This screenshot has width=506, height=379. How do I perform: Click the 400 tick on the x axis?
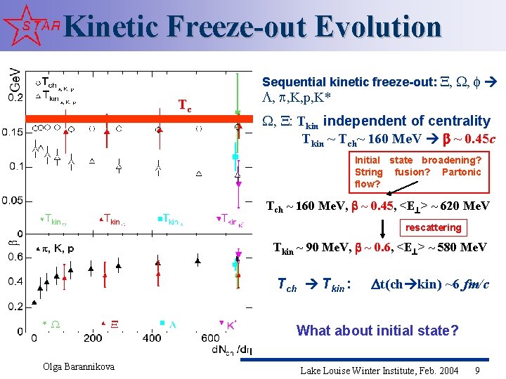click(153, 338)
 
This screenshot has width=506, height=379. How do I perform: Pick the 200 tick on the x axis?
click(93, 338)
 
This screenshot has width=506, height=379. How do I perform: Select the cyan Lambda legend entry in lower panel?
click(168, 324)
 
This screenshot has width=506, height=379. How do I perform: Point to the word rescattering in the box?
click(434, 227)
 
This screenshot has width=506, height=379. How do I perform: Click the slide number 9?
click(478, 369)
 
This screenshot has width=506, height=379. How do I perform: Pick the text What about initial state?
click(377, 330)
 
